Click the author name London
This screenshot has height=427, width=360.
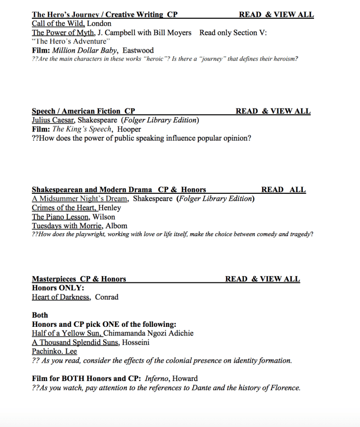coord(99,23)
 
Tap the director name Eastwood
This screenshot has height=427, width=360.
coord(138,51)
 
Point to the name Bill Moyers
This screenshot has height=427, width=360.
coord(172,32)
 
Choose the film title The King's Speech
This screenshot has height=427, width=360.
coord(82,129)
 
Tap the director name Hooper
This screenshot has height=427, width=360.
coord(129,129)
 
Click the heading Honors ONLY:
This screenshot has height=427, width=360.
coord(58,288)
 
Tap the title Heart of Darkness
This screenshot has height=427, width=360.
coord(61,297)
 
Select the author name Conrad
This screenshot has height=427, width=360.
coord(107,297)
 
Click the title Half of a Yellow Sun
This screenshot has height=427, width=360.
coord(67,333)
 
